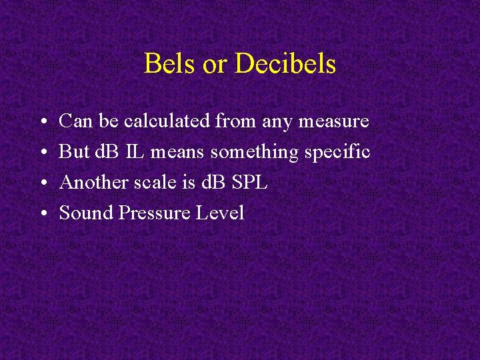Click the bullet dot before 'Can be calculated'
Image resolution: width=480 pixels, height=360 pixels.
41,122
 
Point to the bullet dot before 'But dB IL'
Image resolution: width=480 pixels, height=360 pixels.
41,153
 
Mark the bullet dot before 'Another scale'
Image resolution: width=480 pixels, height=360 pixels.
41,183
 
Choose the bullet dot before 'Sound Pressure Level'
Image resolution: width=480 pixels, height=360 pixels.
41,214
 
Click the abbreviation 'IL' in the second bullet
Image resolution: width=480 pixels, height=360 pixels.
134,152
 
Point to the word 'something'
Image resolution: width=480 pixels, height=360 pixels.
255,153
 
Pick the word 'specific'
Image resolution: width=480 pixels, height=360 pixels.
337,153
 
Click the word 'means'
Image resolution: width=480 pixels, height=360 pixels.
178,153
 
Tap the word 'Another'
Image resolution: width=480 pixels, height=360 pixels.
91,183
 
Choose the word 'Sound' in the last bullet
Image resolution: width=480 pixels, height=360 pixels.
86,213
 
